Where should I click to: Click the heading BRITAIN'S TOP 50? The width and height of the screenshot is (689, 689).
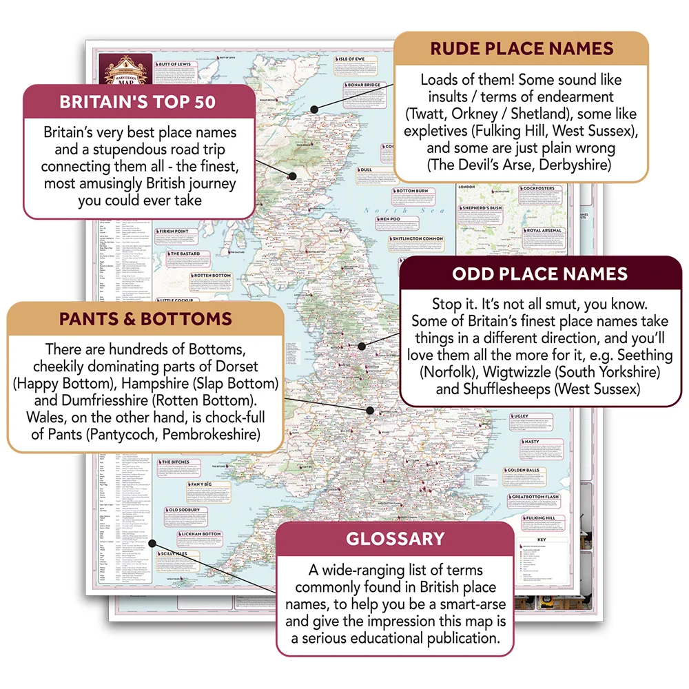[x=138, y=103]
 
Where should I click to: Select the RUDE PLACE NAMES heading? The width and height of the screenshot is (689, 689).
[x=521, y=49]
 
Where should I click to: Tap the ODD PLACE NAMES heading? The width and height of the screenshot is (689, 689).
[x=539, y=274]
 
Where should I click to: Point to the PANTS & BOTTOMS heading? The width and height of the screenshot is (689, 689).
[x=145, y=319]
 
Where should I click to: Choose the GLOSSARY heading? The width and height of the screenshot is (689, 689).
[x=395, y=539]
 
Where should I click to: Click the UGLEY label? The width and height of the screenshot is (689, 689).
[x=521, y=416]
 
